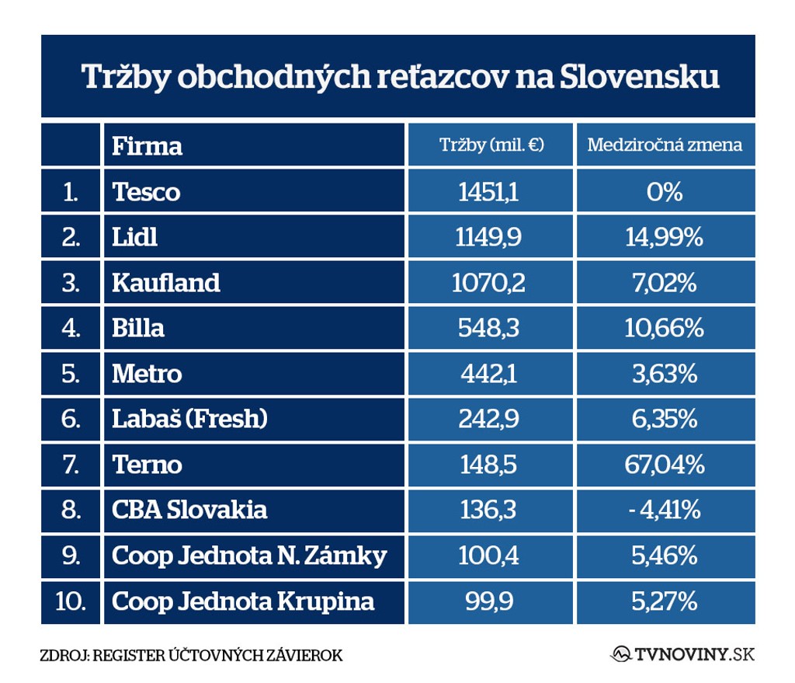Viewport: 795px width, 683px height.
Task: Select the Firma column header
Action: pyautogui.click(x=147, y=145)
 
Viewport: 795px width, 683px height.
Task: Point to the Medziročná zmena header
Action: pyautogui.click(x=665, y=145)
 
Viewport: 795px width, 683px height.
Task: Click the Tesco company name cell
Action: pyautogui.click(x=146, y=191)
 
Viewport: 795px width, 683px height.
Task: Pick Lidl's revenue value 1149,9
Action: pyautogui.click(x=488, y=237)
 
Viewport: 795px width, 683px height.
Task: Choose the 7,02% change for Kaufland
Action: pyautogui.click(x=665, y=282)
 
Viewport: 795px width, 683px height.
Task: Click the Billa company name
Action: pyautogui.click(x=138, y=328)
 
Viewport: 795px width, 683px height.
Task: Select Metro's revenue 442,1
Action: pyautogui.click(x=488, y=374)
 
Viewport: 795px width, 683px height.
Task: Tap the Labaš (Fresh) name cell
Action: pyautogui.click(x=189, y=419)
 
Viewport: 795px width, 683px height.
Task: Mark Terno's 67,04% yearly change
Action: pyautogui.click(x=665, y=465)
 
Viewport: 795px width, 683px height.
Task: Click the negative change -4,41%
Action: pyautogui.click(x=665, y=510)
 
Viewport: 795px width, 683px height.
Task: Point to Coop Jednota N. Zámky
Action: pyautogui.click(x=249, y=556)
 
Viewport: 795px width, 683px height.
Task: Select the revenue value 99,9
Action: pyautogui.click(x=489, y=601)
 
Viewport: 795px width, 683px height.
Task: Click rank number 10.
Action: pyautogui.click(x=71, y=601)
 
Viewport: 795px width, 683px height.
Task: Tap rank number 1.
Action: pyautogui.click(x=71, y=191)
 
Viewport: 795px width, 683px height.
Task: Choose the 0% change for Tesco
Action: pyautogui.click(x=665, y=191)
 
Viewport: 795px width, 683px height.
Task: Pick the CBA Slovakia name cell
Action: pyautogui.click(x=189, y=510)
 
